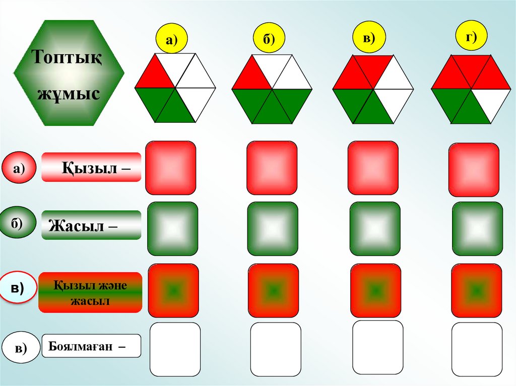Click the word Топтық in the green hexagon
coord(68,56)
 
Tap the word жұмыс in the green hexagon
coord(68,93)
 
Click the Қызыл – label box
coord(91,167)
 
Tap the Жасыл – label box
coord(91,225)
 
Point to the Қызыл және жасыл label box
coord(90,292)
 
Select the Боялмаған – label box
coord(91,346)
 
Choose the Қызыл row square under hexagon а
coord(170,168)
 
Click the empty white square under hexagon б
coord(275,349)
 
